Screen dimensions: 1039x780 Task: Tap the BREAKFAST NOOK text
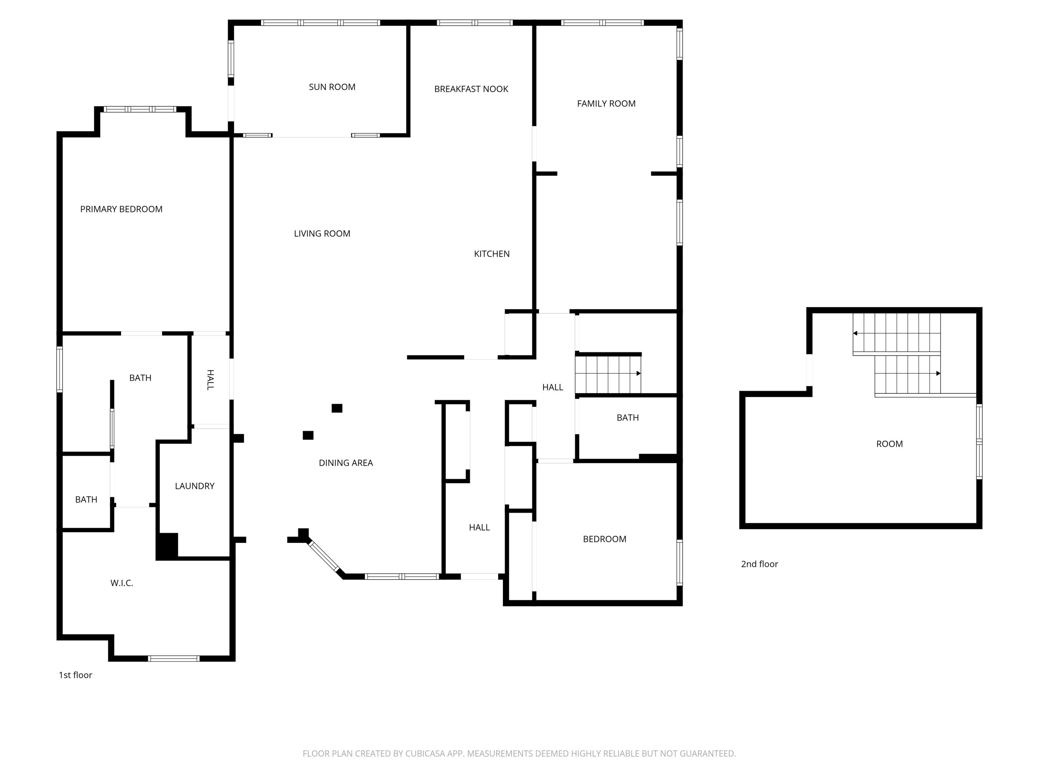pyautogui.click(x=471, y=89)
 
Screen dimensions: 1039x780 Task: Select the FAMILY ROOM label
pyautogui.click(x=606, y=104)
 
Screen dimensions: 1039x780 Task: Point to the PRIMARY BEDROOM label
pyautogui.click(x=121, y=209)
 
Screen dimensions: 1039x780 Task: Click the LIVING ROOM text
pyautogui.click(x=322, y=234)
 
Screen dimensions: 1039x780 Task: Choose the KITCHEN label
pyautogui.click(x=491, y=254)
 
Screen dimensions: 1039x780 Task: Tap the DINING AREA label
pyautogui.click(x=346, y=463)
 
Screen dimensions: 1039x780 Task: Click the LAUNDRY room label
pyautogui.click(x=194, y=486)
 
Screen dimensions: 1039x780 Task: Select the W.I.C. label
pyautogui.click(x=122, y=583)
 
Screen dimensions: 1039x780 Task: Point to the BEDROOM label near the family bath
pyautogui.click(x=604, y=539)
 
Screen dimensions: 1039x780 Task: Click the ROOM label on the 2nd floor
pyautogui.click(x=889, y=444)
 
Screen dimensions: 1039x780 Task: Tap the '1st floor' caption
pyautogui.click(x=75, y=675)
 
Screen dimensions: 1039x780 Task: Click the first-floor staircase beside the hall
pyautogui.click(x=608, y=374)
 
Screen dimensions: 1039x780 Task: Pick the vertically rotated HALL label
pyautogui.click(x=210, y=380)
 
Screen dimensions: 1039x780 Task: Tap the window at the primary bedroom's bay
pyautogui.click(x=140, y=109)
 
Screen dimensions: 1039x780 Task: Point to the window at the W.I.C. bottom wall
pyautogui.click(x=174, y=658)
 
